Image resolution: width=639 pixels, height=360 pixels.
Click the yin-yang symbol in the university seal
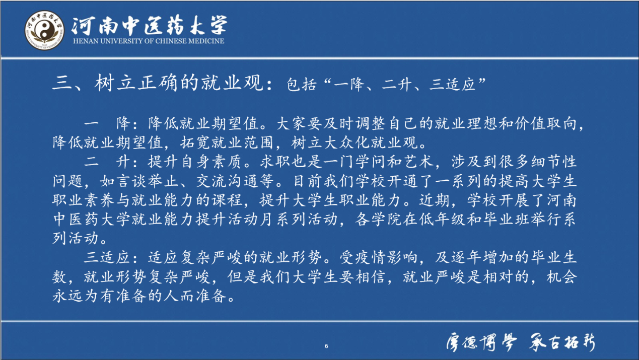coord(44,30)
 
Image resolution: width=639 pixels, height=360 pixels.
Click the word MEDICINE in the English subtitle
coord(206,41)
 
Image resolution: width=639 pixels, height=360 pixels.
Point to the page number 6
coord(326,346)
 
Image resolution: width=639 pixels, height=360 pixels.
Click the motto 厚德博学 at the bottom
coord(481,342)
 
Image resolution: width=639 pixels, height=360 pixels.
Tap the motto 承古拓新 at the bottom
coord(562,342)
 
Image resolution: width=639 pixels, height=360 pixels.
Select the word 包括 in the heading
coord(302,85)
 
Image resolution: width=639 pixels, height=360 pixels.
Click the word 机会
coord(561,277)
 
